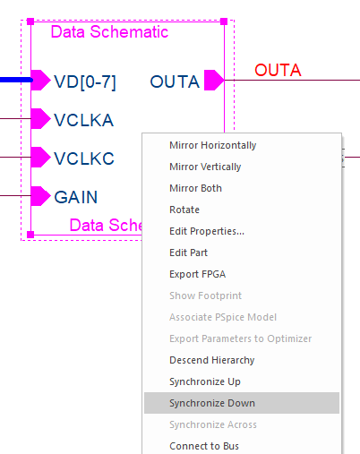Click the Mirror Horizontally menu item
(x=212, y=145)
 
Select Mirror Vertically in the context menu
(x=205, y=167)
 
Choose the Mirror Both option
(x=195, y=188)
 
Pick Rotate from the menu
(x=184, y=210)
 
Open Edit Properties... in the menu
(x=207, y=231)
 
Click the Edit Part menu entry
(x=188, y=253)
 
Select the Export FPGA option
(x=197, y=274)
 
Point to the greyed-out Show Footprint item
(x=205, y=296)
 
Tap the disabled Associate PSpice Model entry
(x=223, y=317)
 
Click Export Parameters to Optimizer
(x=240, y=338)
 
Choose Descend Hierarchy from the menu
(x=212, y=360)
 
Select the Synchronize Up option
(x=205, y=381)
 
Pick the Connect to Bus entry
(x=204, y=446)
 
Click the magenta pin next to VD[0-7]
(x=40, y=80)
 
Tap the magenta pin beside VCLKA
(x=40, y=118)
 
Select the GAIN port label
(x=76, y=197)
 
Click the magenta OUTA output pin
(x=214, y=80)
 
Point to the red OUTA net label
(x=278, y=70)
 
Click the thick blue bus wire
(x=16, y=80)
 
